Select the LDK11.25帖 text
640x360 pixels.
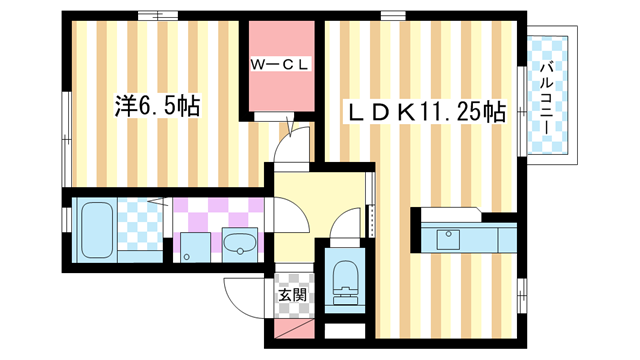(x=425, y=112)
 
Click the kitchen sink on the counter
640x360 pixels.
(x=446, y=240)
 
